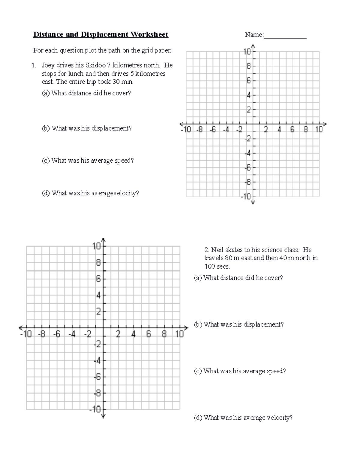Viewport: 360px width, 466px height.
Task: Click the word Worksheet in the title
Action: (x=149, y=35)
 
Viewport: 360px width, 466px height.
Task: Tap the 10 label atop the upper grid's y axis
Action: (x=247, y=52)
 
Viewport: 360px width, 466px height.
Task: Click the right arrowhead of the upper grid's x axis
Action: (x=325, y=124)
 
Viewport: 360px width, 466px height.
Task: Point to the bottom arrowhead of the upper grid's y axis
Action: (x=253, y=203)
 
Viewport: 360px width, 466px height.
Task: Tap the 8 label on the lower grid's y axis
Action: (x=98, y=263)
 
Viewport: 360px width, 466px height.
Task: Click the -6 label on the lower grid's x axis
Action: (x=56, y=334)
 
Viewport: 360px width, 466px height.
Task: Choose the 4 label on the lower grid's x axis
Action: (x=133, y=334)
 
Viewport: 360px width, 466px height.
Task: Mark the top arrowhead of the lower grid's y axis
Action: (x=103, y=240)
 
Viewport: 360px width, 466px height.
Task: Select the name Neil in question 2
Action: (x=217, y=250)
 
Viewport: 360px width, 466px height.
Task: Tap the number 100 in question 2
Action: (x=210, y=266)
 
